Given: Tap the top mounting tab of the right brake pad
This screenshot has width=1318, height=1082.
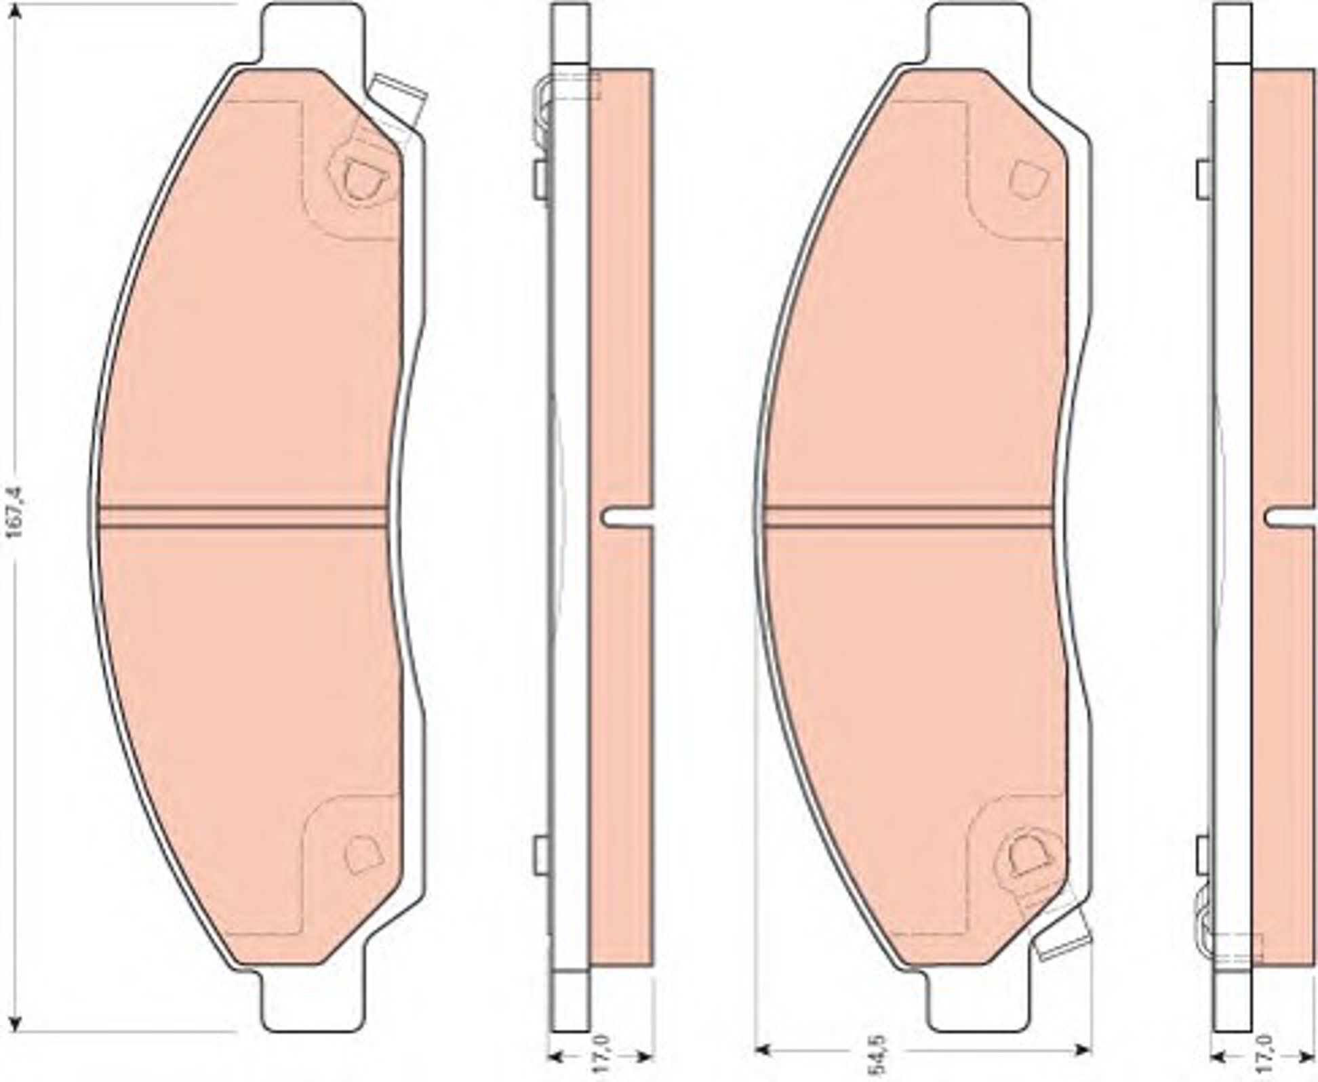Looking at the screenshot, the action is [x=976, y=34].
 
